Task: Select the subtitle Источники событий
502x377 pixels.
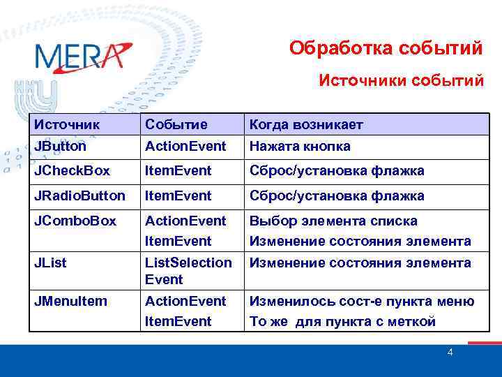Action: click(x=401, y=80)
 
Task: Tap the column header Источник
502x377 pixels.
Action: click(x=67, y=124)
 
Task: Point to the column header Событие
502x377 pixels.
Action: click(x=176, y=124)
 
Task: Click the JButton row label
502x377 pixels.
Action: click(x=61, y=146)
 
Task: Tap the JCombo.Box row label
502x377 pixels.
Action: click(x=75, y=221)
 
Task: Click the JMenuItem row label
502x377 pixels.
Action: click(x=71, y=301)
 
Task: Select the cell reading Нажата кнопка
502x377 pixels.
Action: click(x=300, y=146)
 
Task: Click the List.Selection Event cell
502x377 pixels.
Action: click(x=188, y=271)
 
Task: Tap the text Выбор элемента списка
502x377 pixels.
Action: click(x=333, y=221)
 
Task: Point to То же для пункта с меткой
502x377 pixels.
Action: click(x=342, y=321)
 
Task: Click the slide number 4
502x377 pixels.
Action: click(x=450, y=353)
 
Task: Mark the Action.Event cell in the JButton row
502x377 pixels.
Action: click(x=185, y=146)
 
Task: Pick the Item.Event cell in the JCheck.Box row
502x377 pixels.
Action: click(x=178, y=171)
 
